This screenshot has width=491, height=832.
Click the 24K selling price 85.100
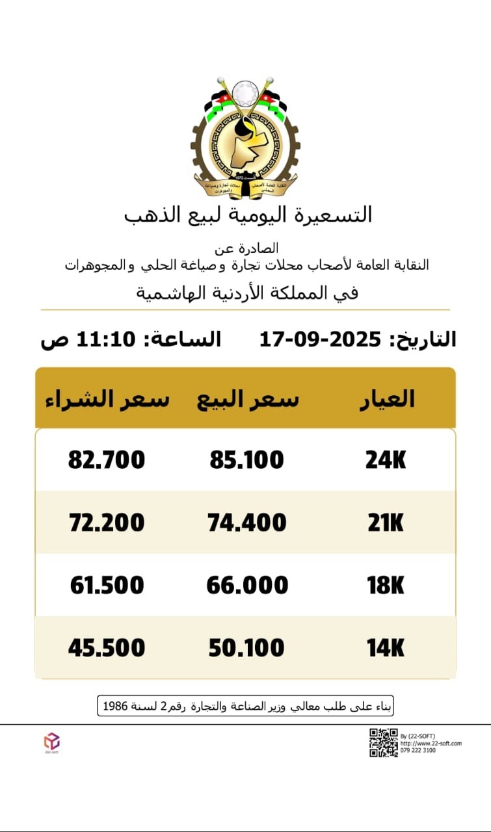click(x=246, y=460)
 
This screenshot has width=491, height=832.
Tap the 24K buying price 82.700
click(x=107, y=460)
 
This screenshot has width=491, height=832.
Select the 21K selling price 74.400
click(x=247, y=523)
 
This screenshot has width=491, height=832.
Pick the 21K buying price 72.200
click(x=107, y=523)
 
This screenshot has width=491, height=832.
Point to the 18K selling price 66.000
click(x=247, y=586)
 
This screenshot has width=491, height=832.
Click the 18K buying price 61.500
click(x=107, y=586)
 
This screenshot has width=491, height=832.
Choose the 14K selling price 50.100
click(x=246, y=648)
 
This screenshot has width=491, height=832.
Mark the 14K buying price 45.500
click(x=107, y=648)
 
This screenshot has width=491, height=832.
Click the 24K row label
click(x=386, y=460)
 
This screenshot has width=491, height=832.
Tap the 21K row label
click(x=386, y=523)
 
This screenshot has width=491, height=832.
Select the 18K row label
click(x=386, y=586)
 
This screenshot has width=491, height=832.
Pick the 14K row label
click(x=386, y=648)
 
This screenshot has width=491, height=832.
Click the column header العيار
click(x=388, y=398)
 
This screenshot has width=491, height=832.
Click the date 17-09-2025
click(x=320, y=339)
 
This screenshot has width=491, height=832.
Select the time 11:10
click(x=107, y=339)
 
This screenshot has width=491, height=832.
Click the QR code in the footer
click(x=383, y=742)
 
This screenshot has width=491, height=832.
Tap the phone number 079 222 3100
click(x=418, y=751)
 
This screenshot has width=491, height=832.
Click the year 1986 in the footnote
click(x=114, y=706)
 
